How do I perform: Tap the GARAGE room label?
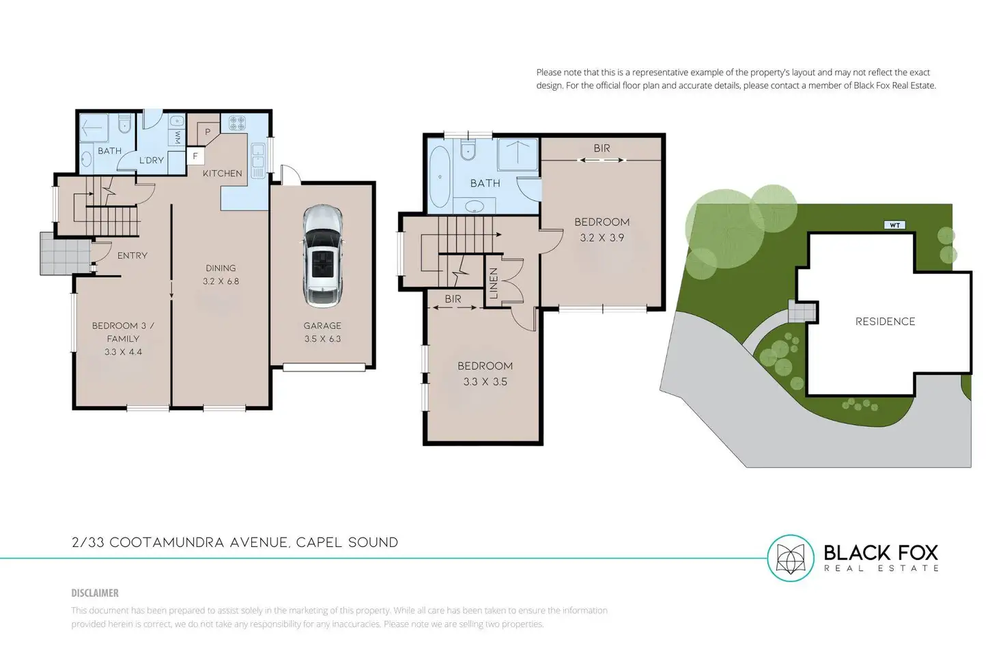(x=322, y=326)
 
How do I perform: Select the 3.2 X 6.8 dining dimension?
(x=221, y=281)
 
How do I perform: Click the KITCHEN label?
(x=222, y=173)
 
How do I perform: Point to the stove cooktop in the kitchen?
(x=237, y=123)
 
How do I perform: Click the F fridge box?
(x=195, y=156)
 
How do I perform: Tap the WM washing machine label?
(x=177, y=138)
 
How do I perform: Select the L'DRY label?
(x=152, y=160)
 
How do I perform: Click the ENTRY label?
(x=132, y=255)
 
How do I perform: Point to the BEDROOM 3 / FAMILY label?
(x=123, y=332)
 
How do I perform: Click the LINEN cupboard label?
(x=494, y=283)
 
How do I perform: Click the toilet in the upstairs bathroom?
(x=468, y=150)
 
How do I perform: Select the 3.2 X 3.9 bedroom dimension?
(x=601, y=238)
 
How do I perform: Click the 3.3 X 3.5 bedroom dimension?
(x=485, y=382)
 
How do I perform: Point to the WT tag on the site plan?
(x=894, y=225)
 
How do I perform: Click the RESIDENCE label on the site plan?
(x=885, y=322)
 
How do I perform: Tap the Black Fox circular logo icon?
(x=791, y=558)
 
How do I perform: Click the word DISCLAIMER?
(x=95, y=593)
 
